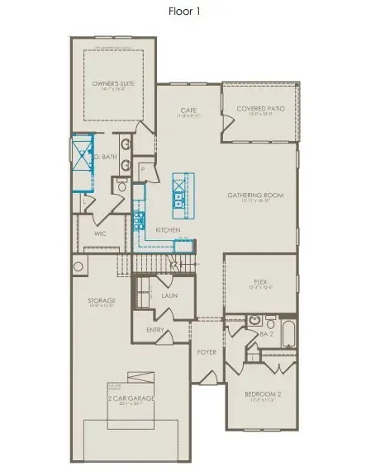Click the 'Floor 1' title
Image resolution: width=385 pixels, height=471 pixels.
[192, 12]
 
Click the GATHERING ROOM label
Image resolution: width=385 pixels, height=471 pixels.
[255, 195]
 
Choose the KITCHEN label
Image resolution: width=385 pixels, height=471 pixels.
[169, 229]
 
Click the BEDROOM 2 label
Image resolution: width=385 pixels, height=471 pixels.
[262, 394]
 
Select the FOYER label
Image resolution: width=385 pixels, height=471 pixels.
[206, 351]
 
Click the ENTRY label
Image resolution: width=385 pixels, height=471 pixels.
[155, 330]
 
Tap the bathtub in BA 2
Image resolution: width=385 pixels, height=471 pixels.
[287, 333]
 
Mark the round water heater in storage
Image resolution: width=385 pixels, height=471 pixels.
[78, 266]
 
